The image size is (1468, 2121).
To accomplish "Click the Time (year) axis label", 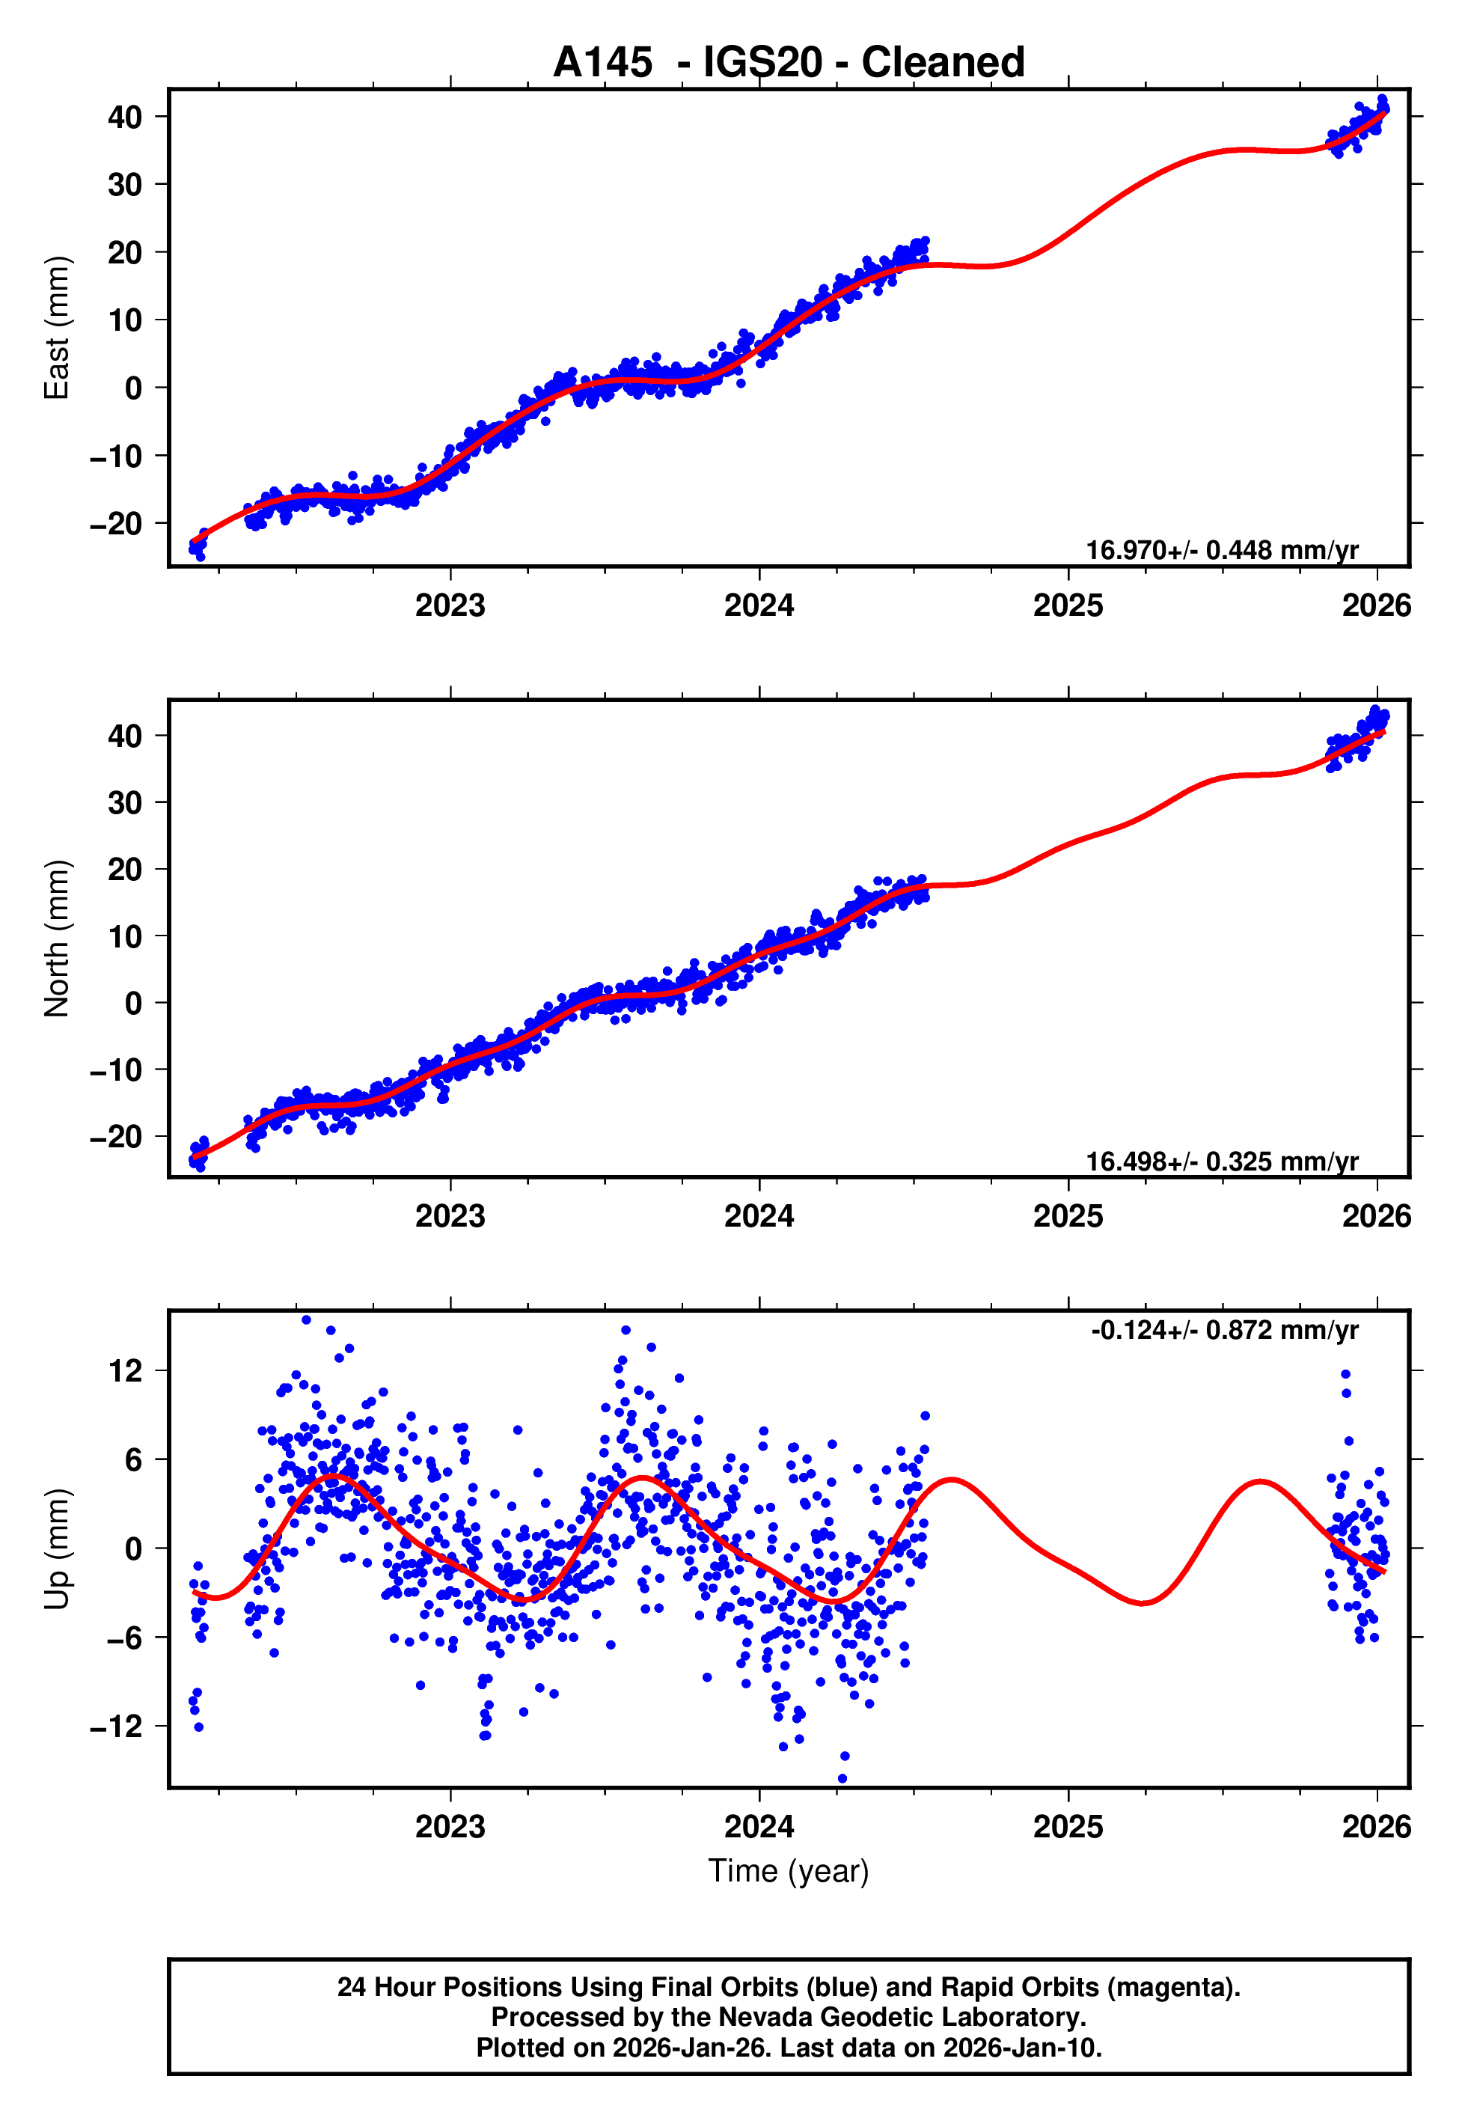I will coord(789,1871).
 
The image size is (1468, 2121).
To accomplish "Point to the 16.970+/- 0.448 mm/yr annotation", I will coord(1222,550).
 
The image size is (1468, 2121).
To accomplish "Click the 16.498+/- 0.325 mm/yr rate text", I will coord(1222,1162).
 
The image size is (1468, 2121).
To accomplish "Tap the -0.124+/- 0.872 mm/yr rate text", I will coord(1224,1330).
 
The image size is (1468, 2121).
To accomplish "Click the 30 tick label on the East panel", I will coord(125,185).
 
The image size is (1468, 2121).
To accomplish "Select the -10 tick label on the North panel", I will coord(116,1069).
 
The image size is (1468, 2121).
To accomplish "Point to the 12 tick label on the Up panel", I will coord(125,1371).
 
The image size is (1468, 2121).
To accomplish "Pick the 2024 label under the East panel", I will coord(759,605).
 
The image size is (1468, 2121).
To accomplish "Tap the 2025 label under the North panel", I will coord(1068,1216).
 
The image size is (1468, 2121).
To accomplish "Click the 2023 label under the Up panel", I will coord(450,1827).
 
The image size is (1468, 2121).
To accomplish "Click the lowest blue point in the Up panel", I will coord(842,1779).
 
